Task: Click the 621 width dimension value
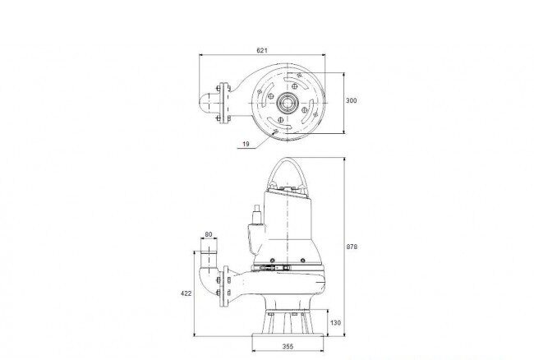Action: [262, 50]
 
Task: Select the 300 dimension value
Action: [352, 100]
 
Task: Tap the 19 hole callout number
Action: [246, 144]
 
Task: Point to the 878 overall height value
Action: [352, 247]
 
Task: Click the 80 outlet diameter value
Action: [209, 234]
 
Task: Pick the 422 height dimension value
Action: [186, 293]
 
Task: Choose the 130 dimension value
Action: [335, 322]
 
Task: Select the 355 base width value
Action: [288, 346]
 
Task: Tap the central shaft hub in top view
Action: [288, 103]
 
